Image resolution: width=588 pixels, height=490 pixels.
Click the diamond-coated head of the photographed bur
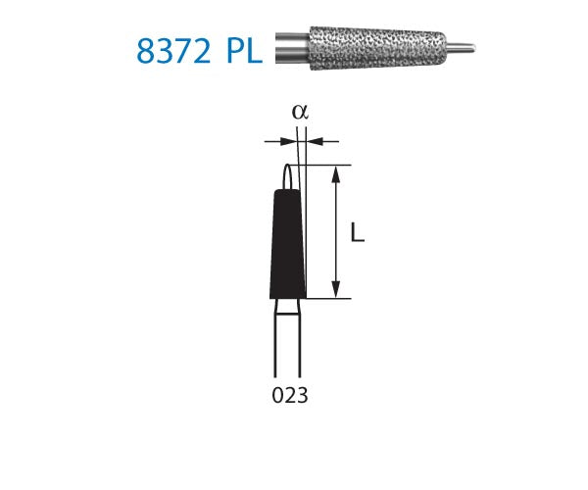tap(372, 44)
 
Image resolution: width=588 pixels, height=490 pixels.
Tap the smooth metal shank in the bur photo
tap(290, 45)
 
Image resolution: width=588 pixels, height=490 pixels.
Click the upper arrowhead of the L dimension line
tap(337, 171)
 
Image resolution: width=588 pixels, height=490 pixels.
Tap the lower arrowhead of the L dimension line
tap(337, 291)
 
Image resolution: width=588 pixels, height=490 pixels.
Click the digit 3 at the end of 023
tap(303, 396)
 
